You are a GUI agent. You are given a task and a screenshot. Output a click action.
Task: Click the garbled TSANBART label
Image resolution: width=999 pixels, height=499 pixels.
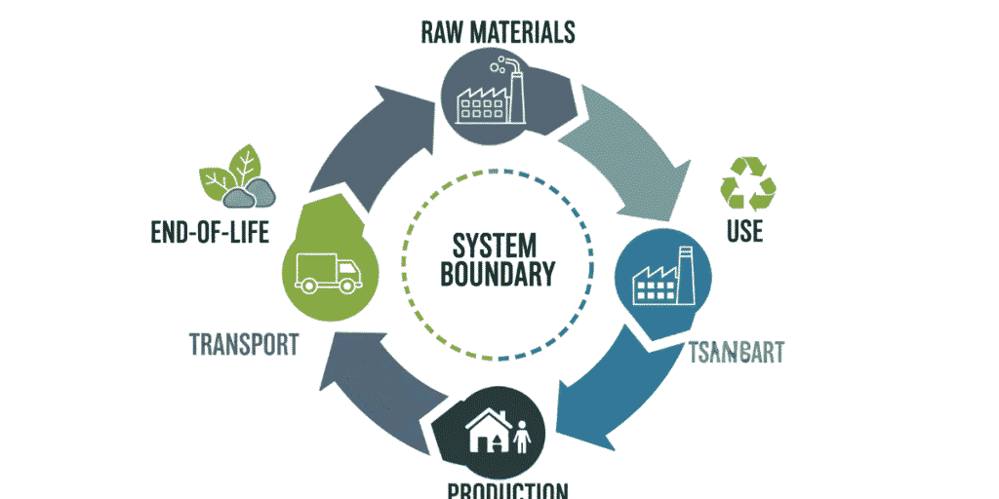[737, 353]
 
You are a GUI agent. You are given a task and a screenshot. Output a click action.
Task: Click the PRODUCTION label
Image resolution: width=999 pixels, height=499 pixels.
[507, 490]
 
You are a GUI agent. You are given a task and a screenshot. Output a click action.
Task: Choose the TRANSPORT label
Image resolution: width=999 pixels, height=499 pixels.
[243, 345]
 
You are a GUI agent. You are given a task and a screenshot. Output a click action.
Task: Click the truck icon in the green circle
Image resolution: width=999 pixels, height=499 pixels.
[328, 272]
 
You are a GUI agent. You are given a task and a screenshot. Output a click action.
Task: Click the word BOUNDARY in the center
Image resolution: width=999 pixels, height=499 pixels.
[498, 274]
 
